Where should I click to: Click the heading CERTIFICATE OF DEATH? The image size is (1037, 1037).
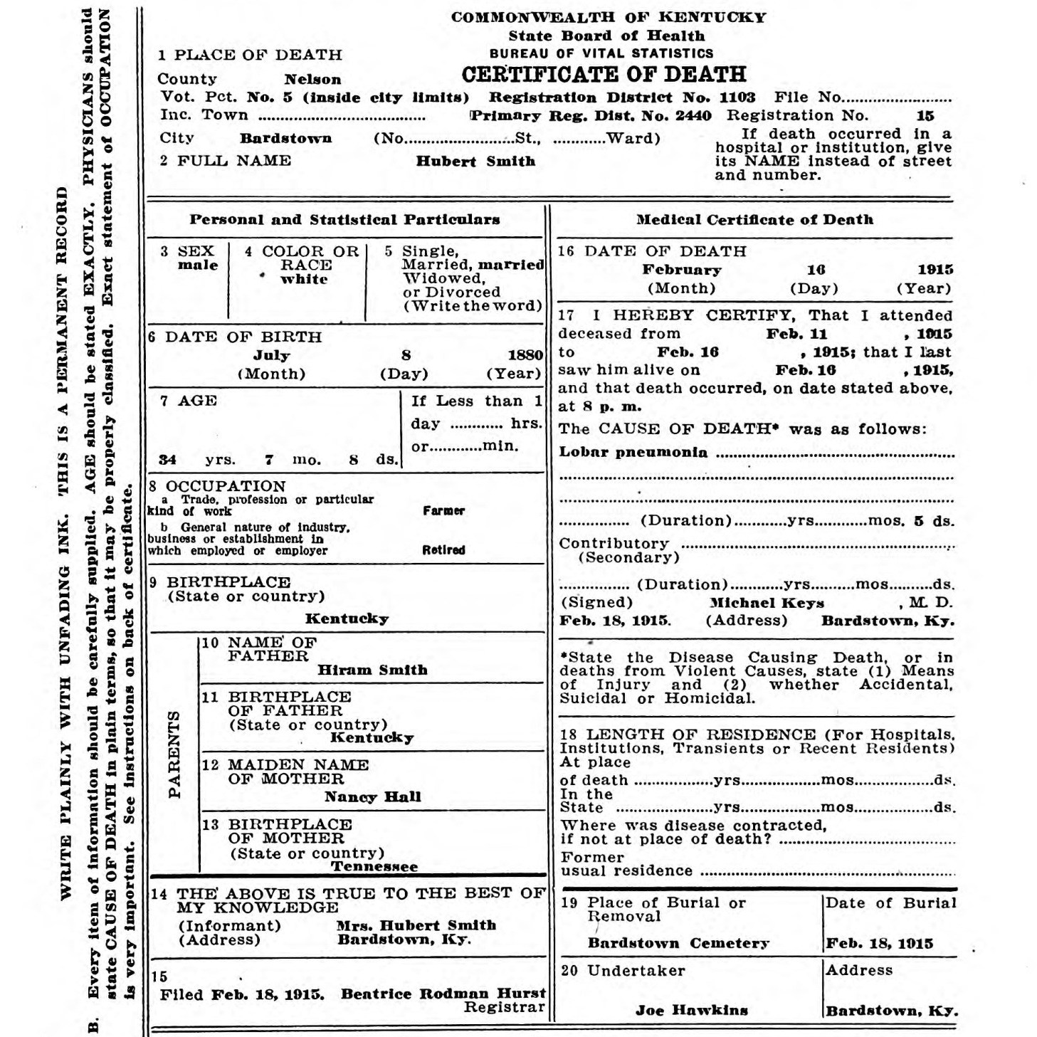tap(604, 74)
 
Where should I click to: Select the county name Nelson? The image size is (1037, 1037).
tap(312, 80)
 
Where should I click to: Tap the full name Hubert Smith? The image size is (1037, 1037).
tap(475, 162)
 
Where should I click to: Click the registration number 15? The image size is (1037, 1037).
tap(925, 116)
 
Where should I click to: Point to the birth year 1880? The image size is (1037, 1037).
tap(525, 355)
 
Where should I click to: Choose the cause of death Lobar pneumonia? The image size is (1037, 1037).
tap(633, 453)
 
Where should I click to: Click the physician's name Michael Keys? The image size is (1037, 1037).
tap(767, 603)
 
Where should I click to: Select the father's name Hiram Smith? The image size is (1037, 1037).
tap(372, 670)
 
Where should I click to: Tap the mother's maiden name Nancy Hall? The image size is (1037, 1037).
tap(372, 797)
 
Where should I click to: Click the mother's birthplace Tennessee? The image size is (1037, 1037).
tap(374, 867)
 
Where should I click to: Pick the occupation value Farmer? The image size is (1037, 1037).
tap(443, 511)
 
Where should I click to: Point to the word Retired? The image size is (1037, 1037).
tap(443, 550)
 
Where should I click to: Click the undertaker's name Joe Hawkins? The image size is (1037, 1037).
tap(691, 1011)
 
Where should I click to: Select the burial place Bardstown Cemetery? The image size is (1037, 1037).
tap(678, 944)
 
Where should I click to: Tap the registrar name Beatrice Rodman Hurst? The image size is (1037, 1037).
tap(443, 994)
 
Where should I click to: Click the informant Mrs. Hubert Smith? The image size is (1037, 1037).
tap(416, 926)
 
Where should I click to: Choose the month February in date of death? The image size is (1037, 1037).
tap(681, 270)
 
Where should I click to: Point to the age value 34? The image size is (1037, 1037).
tap(167, 460)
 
